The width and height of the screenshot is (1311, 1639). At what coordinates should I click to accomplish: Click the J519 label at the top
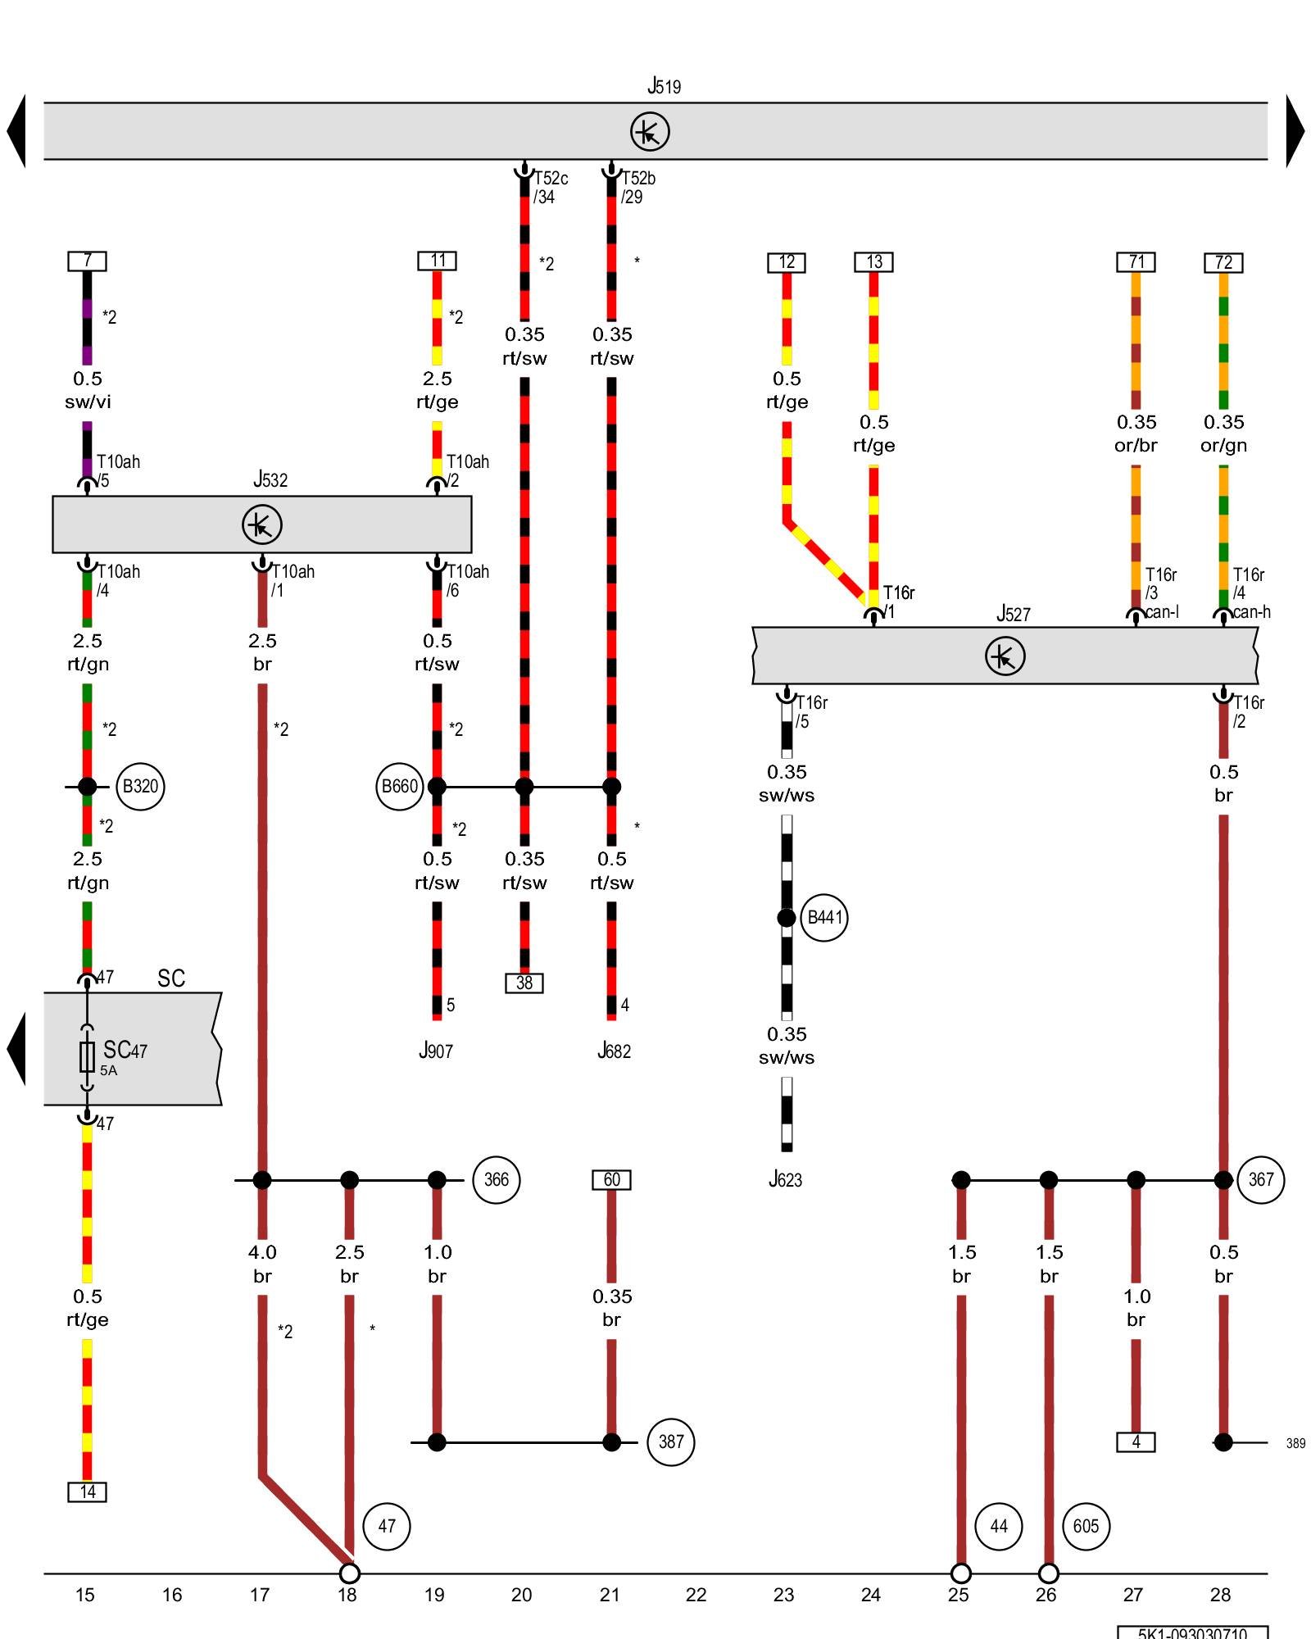point(664,86)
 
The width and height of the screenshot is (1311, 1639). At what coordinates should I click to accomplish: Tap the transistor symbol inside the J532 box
point(262,524)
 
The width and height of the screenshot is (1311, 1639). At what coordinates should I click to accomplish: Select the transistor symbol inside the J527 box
point(1005,656)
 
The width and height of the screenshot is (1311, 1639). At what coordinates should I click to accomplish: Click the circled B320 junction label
point(140,787)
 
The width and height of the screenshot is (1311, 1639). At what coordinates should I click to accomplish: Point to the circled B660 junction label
point(400,787)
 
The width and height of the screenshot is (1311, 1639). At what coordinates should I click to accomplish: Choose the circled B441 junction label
point(824,918)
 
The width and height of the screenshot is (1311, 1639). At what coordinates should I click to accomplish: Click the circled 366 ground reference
point(496,1180)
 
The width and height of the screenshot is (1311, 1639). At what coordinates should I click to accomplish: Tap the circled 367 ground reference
point(1260,1180)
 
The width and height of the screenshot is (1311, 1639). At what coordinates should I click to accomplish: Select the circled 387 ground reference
point(670,1442)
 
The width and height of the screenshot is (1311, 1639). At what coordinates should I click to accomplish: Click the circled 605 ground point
point(1086,1526)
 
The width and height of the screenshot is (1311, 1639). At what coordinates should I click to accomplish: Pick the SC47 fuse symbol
point(87,1057)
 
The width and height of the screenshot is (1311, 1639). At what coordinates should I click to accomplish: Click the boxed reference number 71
point(1136,262)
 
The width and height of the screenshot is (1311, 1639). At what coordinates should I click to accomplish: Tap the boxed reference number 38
point(524,983)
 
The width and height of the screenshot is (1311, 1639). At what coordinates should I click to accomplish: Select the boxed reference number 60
point(611,1180)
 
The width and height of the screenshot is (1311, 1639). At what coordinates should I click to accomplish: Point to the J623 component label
point(785,1180)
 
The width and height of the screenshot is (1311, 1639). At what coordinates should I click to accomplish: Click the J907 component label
point(436,1051)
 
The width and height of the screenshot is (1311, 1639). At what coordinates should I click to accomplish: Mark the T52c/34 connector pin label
point(550,188)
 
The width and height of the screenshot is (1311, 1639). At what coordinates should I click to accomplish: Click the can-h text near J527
point(1251,612)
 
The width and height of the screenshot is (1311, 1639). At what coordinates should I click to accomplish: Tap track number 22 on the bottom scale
point(696,1595)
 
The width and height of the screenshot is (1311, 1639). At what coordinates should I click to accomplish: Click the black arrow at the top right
point(1294,131)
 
